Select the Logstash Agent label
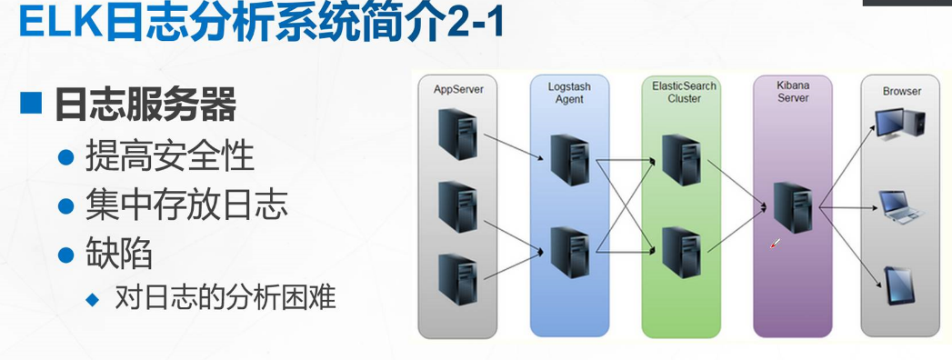[x=569, y=92]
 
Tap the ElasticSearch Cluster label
[x=684, y=92]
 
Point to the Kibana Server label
[x=793, y=92]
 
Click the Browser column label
[x=901, y=91]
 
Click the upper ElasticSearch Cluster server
[x=680, y=160]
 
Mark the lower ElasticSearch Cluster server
[x=680, y=252]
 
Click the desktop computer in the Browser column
[x=899, y=124]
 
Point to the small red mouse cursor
[x=775, y=243]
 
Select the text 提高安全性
[x=169, y=156]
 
